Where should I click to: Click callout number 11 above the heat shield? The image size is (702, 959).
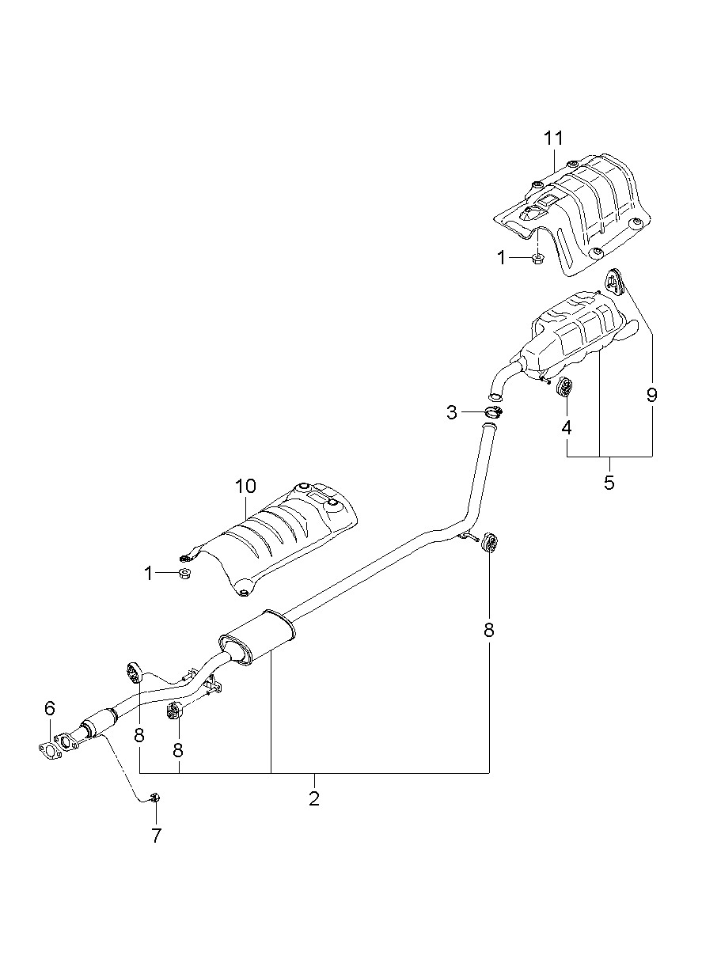tap(553, 138)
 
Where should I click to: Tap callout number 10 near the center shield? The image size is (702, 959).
tap(245, 486)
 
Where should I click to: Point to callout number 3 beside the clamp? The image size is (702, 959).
tap(452, 413)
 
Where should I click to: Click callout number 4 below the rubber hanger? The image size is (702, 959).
tap(566, 427)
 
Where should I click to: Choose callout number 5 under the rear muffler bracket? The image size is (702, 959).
tap(609, 483)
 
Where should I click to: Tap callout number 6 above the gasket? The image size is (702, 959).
tap(50, 708)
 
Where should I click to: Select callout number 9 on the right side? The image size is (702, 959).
tap(651, 395)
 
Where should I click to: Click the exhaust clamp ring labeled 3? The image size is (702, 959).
tap(494, 412)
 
